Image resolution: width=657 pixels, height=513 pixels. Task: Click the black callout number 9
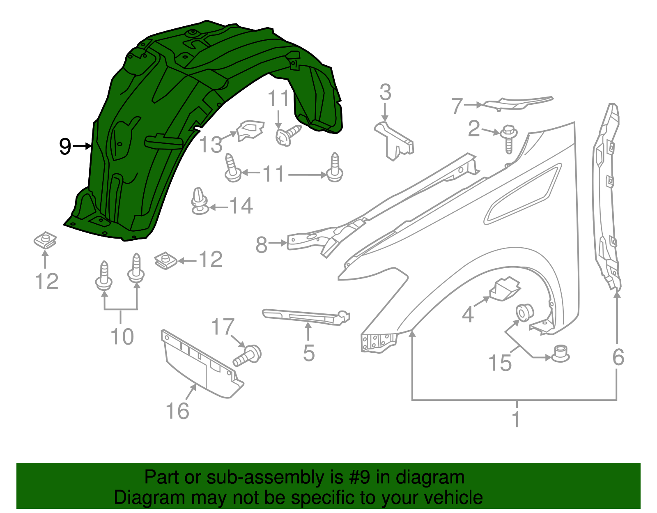(x=65, y=147)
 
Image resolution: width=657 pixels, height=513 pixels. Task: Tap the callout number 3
(x=385, y=93)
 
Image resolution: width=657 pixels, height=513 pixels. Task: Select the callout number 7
(x=457, y=106)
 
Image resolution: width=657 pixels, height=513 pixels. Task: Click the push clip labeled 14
(x=200, y=202)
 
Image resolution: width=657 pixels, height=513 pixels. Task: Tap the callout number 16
(x=177, y=411)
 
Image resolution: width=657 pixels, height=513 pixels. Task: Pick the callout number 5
(x=309, y=354)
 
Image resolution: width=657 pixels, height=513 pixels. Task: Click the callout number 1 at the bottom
(x=516, y=419)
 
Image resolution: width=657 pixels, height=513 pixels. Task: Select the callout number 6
(x=618, y=357)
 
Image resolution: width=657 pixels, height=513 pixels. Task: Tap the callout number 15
(x=500, y=363)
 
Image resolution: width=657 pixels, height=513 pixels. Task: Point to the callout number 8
(x=262, y=245)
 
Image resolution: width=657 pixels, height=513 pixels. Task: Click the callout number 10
(x=122, y=337)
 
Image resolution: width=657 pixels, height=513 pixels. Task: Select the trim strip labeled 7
(x=517, y=103)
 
